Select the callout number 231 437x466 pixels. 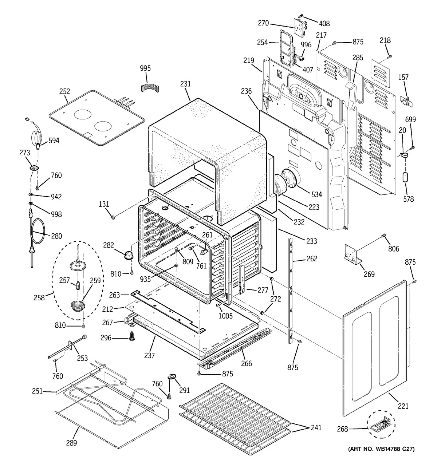185,84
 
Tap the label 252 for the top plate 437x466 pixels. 64,91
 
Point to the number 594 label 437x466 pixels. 54,141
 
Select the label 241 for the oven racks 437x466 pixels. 316,428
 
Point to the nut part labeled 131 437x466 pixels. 113,217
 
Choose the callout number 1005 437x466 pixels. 225,316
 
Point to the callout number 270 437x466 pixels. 273,23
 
